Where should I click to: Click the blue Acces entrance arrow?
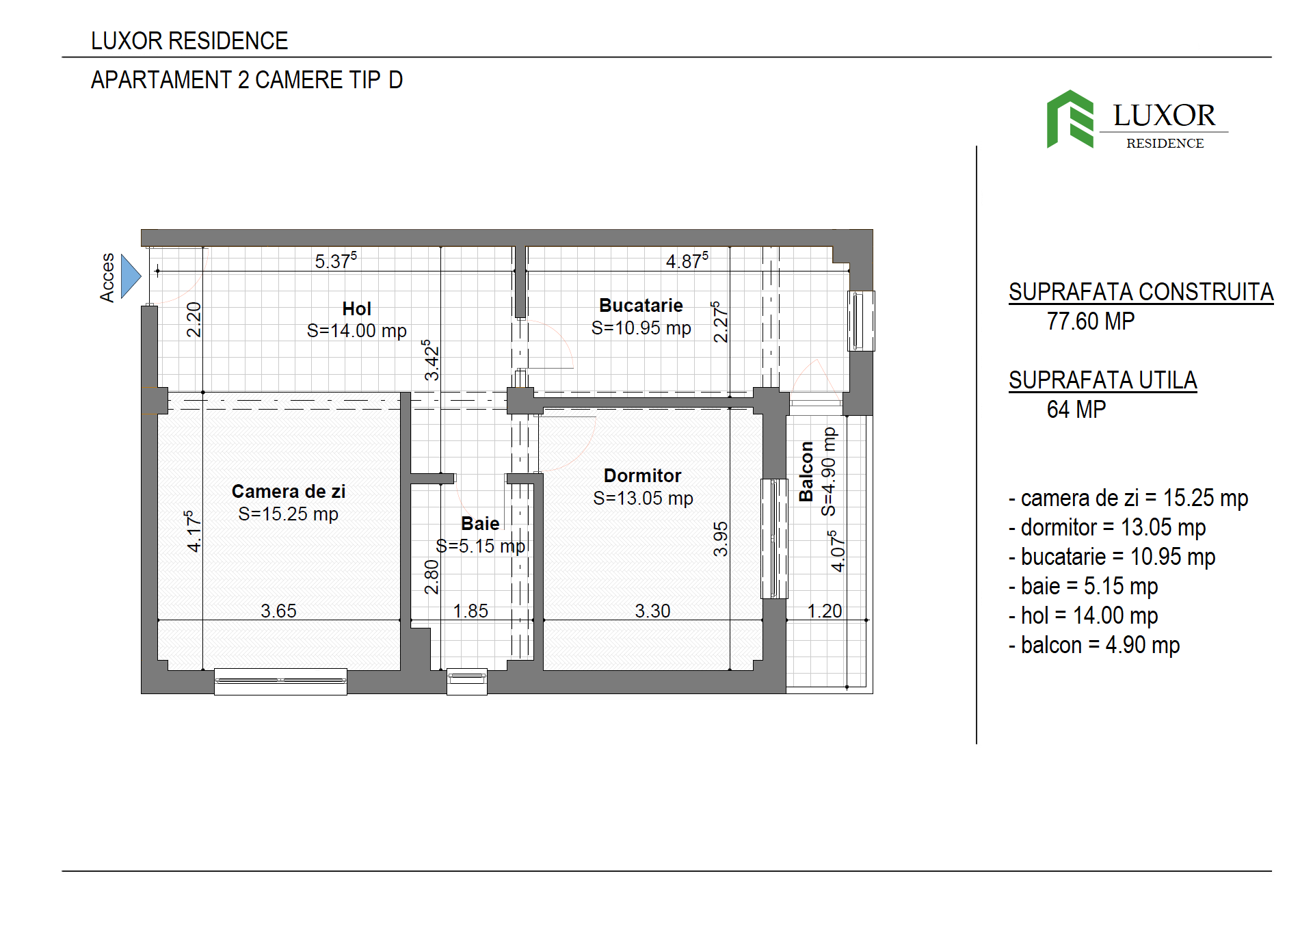[130, 276]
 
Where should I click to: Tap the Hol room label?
[357, 309]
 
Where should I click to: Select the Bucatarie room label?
[641, 306]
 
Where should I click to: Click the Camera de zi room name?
[289, 492]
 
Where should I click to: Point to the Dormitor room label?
[643, 476]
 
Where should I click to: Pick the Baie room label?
[480, 524]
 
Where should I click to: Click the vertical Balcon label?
[806, 471]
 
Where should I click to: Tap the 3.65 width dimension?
[278, 611]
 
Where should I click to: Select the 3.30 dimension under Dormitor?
[652, 611]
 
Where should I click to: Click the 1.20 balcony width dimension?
[825, 611]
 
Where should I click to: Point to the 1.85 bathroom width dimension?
[470, 611]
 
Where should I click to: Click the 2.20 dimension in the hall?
[194, 320]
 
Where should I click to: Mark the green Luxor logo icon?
[1070, 119]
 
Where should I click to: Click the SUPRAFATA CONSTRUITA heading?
[1141, 292]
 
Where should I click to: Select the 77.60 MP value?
[1091, 321]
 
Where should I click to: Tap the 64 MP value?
[1076, 410]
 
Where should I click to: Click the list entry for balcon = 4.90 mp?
[1094, 646]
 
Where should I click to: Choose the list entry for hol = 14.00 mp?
[1083, 616]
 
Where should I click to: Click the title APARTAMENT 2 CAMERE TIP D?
[247, 80]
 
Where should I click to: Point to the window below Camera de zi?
[280, 681]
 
